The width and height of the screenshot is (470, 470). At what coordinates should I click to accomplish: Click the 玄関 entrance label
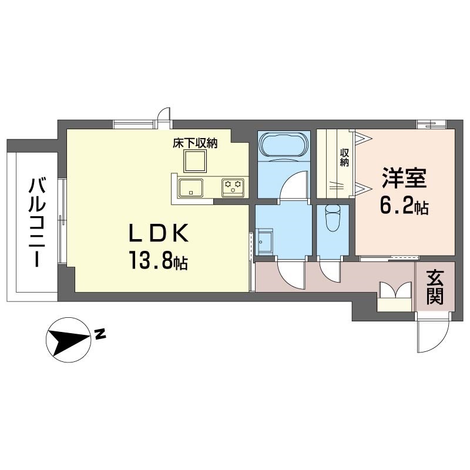(435, 287)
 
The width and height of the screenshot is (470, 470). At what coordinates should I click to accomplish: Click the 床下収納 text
(195, 143)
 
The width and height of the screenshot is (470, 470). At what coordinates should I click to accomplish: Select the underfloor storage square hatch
(194, 160)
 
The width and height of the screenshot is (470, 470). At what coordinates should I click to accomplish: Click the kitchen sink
(191, 188)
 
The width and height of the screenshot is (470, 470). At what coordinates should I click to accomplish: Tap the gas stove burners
(232, 187)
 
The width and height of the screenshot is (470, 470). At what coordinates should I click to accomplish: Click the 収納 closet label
(344, 157)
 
